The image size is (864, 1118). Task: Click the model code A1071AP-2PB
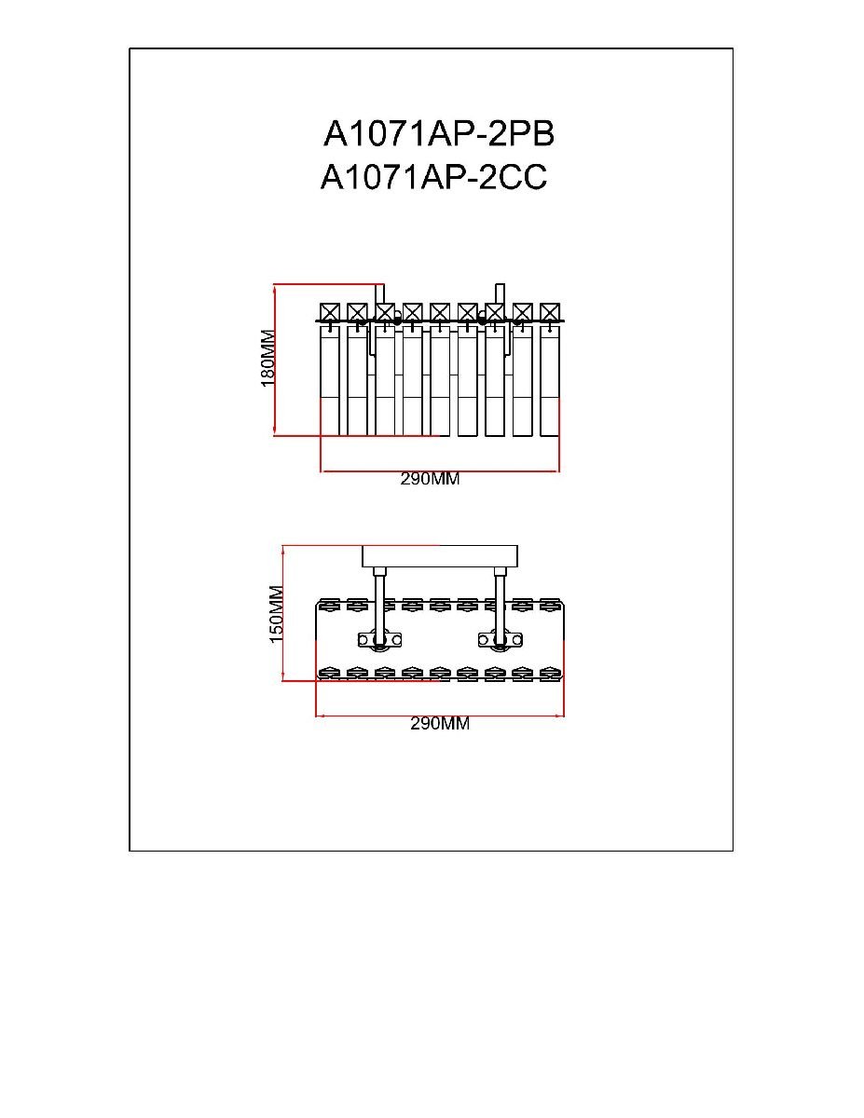pos(439,134)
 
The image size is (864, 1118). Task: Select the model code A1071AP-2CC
pos(433,178)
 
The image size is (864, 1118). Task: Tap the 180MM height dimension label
pos(268,359)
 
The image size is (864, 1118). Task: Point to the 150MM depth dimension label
pos(276,614)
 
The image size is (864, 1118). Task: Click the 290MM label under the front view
pos(431,479)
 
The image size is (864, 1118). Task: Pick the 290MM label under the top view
pos(440,724)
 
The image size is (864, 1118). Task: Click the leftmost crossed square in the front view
pos(330,312)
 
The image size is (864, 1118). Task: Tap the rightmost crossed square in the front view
pos(550,312)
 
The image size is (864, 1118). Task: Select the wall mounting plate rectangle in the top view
pos(440,557)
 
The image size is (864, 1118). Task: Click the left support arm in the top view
pos(379,606)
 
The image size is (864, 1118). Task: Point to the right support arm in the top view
pos(500,606)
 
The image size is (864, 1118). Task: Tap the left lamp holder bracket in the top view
pos(379,639)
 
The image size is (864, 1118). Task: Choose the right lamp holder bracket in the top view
pos(501,639)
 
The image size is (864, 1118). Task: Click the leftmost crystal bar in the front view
pos(330,381)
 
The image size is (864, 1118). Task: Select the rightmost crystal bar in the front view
pos(550,381)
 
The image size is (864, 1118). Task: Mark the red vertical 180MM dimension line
pos(275,360)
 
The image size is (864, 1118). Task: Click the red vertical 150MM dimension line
pos(283,613)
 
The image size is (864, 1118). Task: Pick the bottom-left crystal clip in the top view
pos(330,673)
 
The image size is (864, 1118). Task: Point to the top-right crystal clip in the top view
pos(550,604)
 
